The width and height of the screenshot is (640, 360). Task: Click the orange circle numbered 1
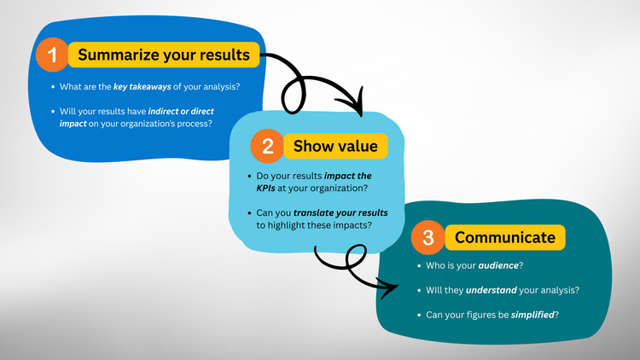(52, 56)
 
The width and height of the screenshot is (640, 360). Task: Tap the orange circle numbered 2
(267, 146)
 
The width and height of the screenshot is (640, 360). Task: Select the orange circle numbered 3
(428, 238)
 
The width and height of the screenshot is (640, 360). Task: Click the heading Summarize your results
(164, 55)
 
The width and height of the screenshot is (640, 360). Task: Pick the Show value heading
(335, 146)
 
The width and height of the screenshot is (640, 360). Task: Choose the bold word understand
(495, 290)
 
